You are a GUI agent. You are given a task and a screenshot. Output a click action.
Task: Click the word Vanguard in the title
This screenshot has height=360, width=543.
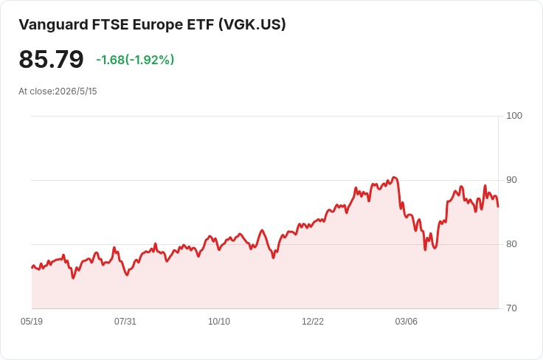pos(53,25)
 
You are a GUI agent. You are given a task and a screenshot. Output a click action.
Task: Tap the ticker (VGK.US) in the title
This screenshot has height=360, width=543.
pos(252,25)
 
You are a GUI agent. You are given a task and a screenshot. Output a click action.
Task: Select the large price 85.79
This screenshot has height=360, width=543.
pos(51,59)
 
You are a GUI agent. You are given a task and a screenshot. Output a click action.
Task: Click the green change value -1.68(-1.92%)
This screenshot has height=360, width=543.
pos(135,60)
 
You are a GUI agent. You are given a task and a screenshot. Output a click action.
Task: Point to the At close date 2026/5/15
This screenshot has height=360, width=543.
pos(76,91)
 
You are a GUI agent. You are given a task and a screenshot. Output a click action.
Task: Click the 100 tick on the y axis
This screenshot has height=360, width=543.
pos(514,116)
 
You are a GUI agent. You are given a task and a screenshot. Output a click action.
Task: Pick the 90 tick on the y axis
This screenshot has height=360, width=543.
pos(511,180)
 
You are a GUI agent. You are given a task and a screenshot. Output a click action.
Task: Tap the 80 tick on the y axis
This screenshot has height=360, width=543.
pos(511,244)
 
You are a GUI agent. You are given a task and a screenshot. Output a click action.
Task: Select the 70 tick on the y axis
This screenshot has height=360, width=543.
pos(511,308)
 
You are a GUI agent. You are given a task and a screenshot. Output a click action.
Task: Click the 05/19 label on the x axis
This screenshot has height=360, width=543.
pos(32,322)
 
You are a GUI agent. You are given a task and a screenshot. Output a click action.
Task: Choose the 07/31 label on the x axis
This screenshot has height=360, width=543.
pos(125,322)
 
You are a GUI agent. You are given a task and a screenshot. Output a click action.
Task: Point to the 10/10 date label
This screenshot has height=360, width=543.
pos(219,322)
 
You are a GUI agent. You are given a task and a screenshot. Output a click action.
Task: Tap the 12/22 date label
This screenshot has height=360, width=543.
pos(312,322)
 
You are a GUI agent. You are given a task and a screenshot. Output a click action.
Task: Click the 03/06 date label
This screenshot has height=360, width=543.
pos(407,322)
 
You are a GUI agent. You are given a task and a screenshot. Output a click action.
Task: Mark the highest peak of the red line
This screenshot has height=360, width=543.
pos(394,177)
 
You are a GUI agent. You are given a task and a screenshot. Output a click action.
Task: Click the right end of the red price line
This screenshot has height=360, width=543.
pos(498,207)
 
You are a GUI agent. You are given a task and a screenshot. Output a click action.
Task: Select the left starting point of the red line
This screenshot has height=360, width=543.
pos(32,268)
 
